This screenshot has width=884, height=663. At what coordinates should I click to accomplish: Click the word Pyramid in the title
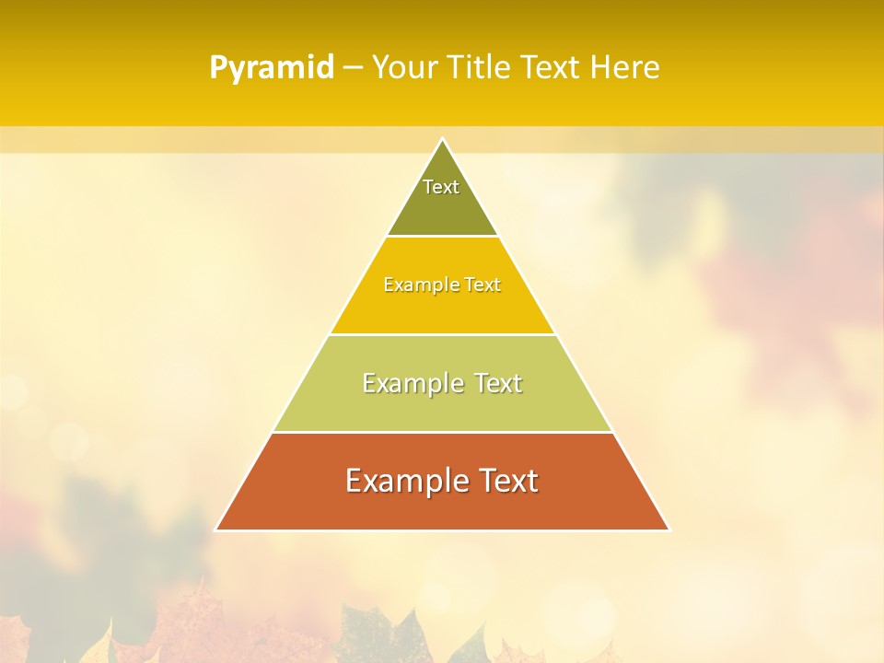tap(272, 68)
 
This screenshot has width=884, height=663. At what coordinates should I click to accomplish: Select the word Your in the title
tap(404, 67)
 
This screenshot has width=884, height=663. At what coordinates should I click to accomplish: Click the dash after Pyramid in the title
tap(353, 68)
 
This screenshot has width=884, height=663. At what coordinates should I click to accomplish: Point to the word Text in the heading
tap(552, 67)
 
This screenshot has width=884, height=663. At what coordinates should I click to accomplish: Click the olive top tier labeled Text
tap(442, 207)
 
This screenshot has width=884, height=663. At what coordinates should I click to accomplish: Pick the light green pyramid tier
tap(442, 405)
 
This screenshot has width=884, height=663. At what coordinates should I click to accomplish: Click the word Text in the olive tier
tap(441, 187)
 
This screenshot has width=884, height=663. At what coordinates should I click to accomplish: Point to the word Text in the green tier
tap(497, 383)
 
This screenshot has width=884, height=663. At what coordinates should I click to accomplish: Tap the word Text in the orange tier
tap(508, 481)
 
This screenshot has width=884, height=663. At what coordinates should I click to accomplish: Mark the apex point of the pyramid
tap(442, 139)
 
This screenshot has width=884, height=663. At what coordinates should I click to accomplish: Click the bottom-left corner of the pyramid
tap(216, 529)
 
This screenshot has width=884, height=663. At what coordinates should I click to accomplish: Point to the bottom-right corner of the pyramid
tap(669, 529)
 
